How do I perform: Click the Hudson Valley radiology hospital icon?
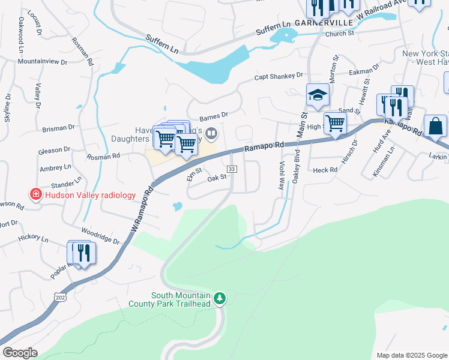point(35,195)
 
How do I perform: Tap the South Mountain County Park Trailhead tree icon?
point(220,298)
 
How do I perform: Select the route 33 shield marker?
point(232,170)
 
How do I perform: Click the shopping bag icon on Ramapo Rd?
point(435,126)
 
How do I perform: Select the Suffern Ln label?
point(163,42)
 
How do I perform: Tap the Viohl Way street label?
point(281,175)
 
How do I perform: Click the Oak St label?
point(216,178)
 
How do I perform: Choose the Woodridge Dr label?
point(101,235)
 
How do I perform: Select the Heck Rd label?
point(325,170)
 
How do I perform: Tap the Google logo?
point(20,353)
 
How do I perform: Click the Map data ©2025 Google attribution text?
point(411,355)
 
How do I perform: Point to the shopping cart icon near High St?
point(335,123)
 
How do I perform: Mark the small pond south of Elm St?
point(177,207)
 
